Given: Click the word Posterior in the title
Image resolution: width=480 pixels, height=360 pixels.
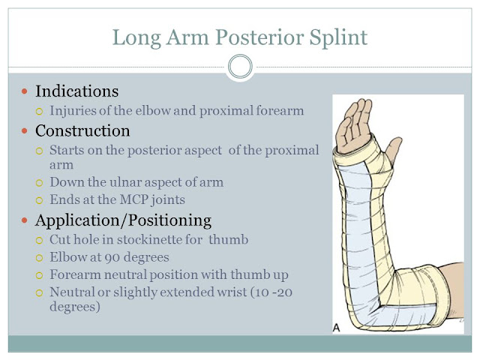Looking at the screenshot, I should tap(258, 35).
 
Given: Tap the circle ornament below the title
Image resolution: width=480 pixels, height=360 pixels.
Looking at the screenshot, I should tap(239, 67).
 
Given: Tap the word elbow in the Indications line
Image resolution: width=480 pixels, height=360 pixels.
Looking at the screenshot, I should tap(168, 112).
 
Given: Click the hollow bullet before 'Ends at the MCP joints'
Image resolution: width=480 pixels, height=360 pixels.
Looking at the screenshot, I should tap(41, 200).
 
